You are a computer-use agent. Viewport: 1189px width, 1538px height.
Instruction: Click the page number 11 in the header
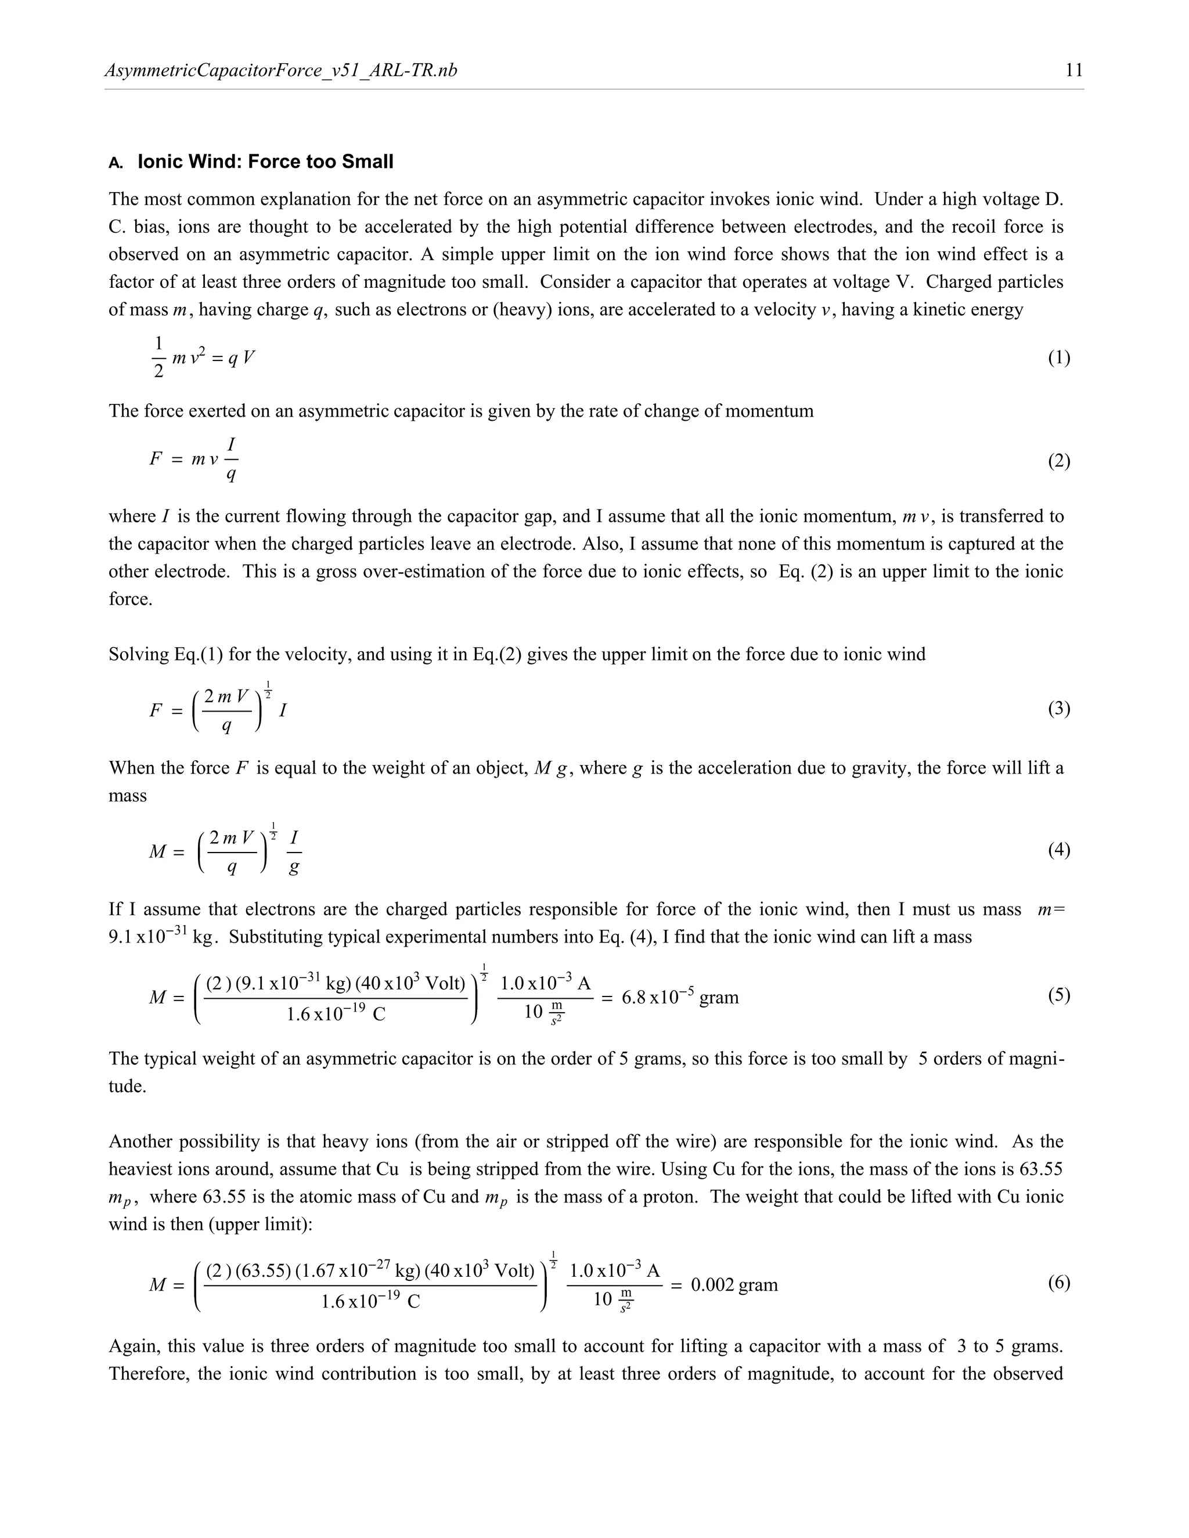coord(1074,70)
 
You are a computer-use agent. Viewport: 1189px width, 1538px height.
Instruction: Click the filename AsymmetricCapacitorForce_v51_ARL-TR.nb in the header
coord(280,70)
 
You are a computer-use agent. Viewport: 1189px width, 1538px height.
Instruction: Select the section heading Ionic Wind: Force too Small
coord(265,162)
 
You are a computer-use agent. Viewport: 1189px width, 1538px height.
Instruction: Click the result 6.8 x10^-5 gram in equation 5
coord(680,997)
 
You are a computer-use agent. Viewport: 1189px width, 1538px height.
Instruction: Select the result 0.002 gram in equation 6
coord(734,1285)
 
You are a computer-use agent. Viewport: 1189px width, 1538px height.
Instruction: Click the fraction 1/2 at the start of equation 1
coord(158,357)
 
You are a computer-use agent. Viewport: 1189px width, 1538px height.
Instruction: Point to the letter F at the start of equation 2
coord(156,460)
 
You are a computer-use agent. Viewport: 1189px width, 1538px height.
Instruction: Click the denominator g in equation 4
coord(294,867)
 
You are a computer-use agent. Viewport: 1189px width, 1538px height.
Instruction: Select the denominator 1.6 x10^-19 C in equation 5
coord(336,1014)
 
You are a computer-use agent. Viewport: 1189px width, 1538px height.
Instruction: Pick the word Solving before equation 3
coord(138,654)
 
